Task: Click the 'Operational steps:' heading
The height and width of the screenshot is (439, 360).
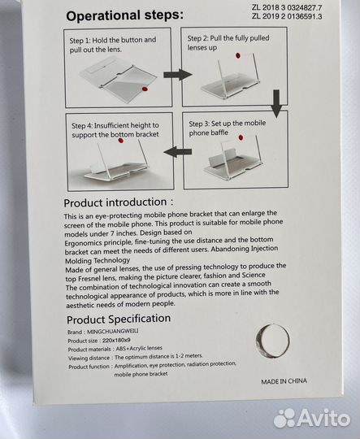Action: [x=125, y=15]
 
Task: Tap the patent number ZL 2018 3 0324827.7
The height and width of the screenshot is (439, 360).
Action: [x=287, y=8]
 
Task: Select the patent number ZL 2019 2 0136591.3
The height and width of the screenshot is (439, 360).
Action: [x=287, y=16]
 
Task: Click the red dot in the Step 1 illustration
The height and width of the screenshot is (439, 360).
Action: [x=145, y=89]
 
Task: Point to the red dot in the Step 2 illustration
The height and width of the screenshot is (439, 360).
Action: [x=238, y=55]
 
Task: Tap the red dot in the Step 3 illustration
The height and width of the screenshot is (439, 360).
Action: [x=241, y=137]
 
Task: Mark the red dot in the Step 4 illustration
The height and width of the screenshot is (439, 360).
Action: [x=120, y=141]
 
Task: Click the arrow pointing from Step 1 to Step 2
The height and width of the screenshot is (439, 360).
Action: [x=178, y=75]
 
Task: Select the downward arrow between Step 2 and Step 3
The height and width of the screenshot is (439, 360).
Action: [x=276, y=103]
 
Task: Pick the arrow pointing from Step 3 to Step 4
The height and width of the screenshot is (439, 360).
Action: [x=178, y=152]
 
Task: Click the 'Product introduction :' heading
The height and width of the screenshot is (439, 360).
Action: [x=119, y=202]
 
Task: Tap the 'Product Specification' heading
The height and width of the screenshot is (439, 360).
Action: [x=119, y=319]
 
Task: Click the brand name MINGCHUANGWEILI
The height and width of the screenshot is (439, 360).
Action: [x=112, y=332]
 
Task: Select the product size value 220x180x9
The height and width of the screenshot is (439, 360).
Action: [x=116, y=341]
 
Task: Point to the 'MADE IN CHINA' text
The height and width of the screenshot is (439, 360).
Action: [x=284, y=381]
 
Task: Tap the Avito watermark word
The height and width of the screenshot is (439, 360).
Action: [x=323, y=419]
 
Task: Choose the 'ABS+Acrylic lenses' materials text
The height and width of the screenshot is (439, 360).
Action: [x=139, y=349]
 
